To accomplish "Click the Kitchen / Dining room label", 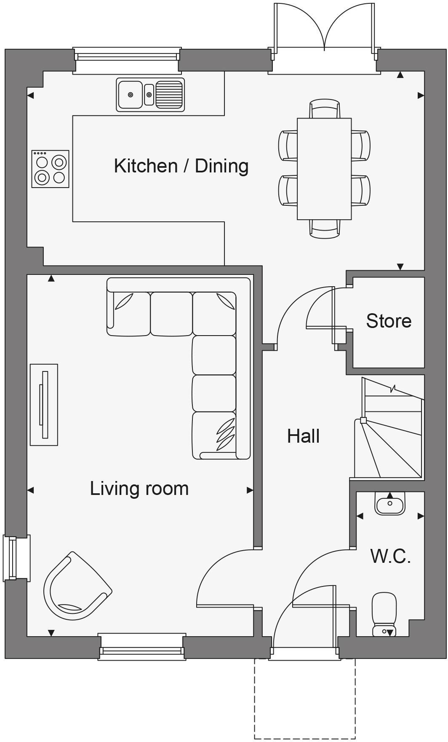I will (181, 166).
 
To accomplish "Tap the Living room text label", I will (139, 488).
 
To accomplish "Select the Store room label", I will (388, 321).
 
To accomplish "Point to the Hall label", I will (303, 436).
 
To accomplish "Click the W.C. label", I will (390, 556).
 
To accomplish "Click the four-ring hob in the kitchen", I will (51, 169).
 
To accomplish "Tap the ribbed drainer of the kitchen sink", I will (169, 94).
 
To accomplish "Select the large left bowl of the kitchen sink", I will (131, 94).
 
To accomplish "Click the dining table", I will (324, 169).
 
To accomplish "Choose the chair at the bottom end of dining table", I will (324, 229).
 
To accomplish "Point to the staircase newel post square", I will (363, 420).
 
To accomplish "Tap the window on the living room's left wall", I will (10, 557).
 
